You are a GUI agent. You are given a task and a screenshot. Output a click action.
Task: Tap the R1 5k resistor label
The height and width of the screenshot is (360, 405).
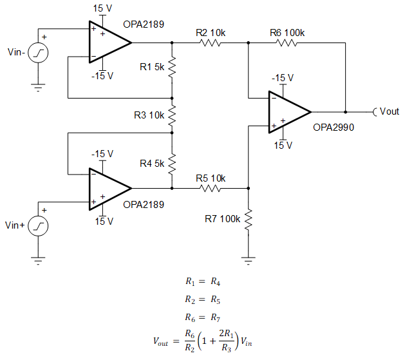click(153, 66)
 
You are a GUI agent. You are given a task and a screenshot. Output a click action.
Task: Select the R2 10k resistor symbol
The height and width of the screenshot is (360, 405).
click(210, 43)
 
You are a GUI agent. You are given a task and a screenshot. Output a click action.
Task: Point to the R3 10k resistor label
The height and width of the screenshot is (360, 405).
click(149, 115)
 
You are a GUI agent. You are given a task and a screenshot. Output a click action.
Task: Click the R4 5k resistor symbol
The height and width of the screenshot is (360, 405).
click(172, 163)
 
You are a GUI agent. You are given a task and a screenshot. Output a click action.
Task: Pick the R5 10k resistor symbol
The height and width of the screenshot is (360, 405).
click(210, 188)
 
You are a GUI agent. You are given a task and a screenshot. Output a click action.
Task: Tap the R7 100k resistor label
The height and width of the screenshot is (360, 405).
click(223, 219)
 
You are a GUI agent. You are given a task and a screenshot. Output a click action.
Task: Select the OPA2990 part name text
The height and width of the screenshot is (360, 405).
click(334, 128)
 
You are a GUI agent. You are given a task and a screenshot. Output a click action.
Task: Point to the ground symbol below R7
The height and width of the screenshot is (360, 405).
click(248, 261)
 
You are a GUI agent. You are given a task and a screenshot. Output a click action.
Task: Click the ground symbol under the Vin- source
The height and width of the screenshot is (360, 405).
click(40, 88)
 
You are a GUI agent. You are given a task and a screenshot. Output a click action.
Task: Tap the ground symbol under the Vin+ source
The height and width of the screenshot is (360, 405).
click(40, 260)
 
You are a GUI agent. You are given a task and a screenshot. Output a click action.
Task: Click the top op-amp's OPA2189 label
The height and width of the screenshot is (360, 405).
click(143, 25)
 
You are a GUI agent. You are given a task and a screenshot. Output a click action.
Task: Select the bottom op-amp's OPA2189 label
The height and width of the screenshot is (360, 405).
click(143, 205)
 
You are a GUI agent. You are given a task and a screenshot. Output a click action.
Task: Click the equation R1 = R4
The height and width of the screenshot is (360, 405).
click(202, 281)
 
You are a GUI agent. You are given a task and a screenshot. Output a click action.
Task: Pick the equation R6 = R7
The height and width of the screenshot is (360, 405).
click(202, 317)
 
